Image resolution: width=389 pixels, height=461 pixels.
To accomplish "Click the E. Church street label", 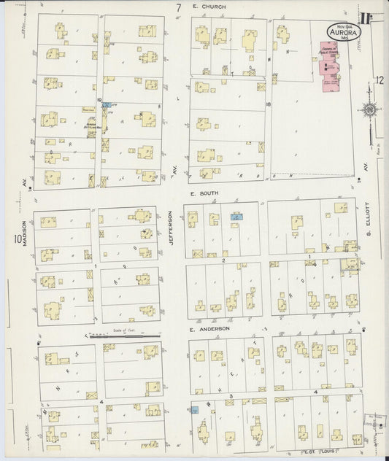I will (x=209, y=7).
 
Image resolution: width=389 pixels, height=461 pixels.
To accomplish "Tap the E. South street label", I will (x=204, y=195).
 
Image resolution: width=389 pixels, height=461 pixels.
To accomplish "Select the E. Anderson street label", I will (x=210, y=329).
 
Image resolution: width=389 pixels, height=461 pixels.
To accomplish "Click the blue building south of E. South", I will (x=236, y=217).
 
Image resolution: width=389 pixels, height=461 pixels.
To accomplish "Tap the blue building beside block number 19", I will (x=107, y=105).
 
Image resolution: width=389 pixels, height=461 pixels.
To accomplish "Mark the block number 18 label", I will (x=269, y=105).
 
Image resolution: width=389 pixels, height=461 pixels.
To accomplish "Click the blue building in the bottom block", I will (x=195, y=410).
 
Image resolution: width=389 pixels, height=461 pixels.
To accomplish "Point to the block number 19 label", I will (x=99, y=99).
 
